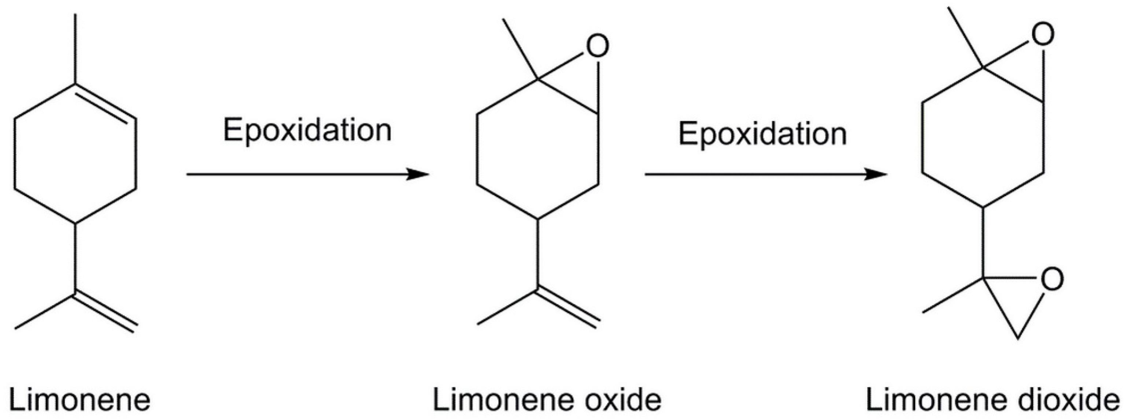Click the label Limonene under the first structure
[80, 400]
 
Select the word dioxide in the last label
[1071, 400]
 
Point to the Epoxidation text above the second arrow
[762, 134]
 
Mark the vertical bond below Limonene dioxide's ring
[983, 242]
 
